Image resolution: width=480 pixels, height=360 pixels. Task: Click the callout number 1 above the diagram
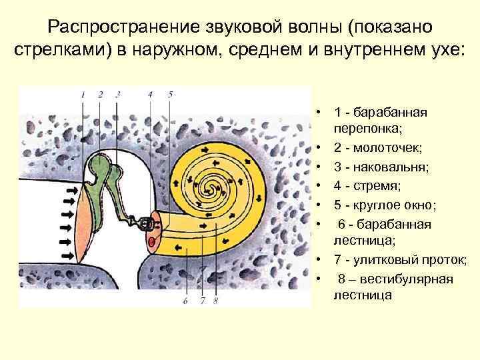83,95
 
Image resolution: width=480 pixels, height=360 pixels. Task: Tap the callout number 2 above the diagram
100,95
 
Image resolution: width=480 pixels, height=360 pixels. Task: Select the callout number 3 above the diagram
117,95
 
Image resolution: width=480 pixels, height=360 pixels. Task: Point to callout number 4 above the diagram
151,95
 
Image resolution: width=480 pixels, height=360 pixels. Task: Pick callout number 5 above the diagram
170,95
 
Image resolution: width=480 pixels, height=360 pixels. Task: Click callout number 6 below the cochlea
185,301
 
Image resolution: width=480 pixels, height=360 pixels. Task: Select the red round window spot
152,241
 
